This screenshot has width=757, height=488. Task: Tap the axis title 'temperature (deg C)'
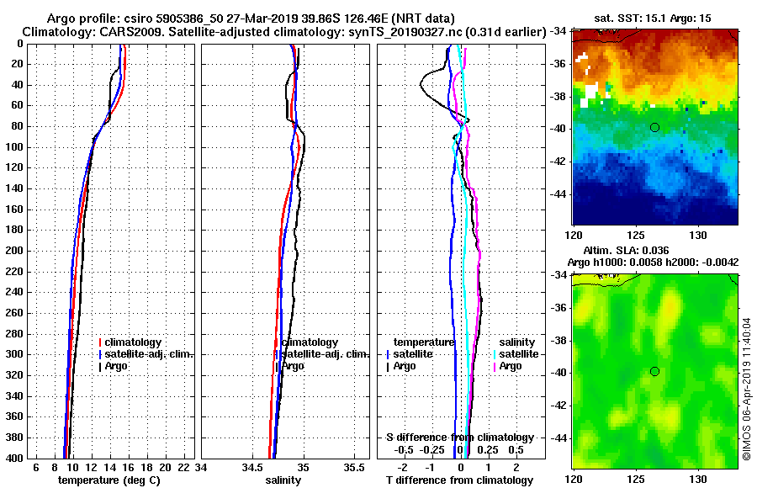click(109, 480)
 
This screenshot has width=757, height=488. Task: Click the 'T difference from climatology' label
click(459, 480)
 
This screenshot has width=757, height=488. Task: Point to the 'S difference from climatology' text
click(459, 438)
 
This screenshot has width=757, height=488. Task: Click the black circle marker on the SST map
click(654, 127)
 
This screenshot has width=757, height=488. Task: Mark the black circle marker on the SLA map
click(654, 372)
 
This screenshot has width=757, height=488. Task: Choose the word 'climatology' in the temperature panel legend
click(135, 342)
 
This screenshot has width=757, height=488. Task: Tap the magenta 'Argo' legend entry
click(511, 366)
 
